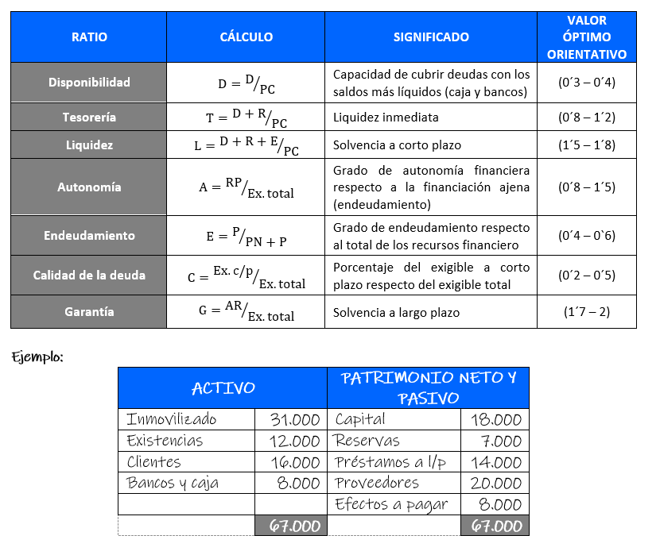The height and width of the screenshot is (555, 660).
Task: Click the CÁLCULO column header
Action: pyautogui.click(x=246, y=37)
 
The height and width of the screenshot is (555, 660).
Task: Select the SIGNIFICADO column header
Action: pyautogui.click(x=431, y=37)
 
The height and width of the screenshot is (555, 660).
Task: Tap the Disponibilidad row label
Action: pyautogui.click(x=89, y=82)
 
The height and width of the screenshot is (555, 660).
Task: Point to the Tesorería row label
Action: pyautogui.click(x=89, y=118)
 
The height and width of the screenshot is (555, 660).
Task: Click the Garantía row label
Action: pyautogui.click(x=89, y=312)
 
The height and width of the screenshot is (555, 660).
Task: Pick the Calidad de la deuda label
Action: pyautogui.click(x=89, y=276)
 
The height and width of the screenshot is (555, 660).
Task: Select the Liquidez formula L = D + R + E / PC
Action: pyautogui.click(x=247, y=146)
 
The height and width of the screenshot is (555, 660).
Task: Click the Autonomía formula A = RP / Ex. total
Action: pyautogui.click(x=247, y=187)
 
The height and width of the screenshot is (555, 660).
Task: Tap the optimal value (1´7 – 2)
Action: pyautogui.click(x=587, y=312)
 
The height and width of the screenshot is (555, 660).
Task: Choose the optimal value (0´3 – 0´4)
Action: pyautogui.click(x=587, y=82)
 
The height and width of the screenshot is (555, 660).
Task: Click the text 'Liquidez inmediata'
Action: pyautogui.click(x=386, y=118)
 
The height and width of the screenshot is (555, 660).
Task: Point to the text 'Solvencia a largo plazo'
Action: pyautogui.click(x=398, y=312)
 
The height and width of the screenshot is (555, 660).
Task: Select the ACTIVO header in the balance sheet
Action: pyautogui.click(x=223, y=388)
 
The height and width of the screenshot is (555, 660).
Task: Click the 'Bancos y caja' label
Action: pyautogui.click(x=173, y=483)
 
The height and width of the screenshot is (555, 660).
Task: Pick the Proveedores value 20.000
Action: pyautogui.click(x=495, y=483)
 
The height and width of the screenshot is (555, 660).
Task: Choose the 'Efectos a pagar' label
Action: pyautogui.click(x=391, y=504)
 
